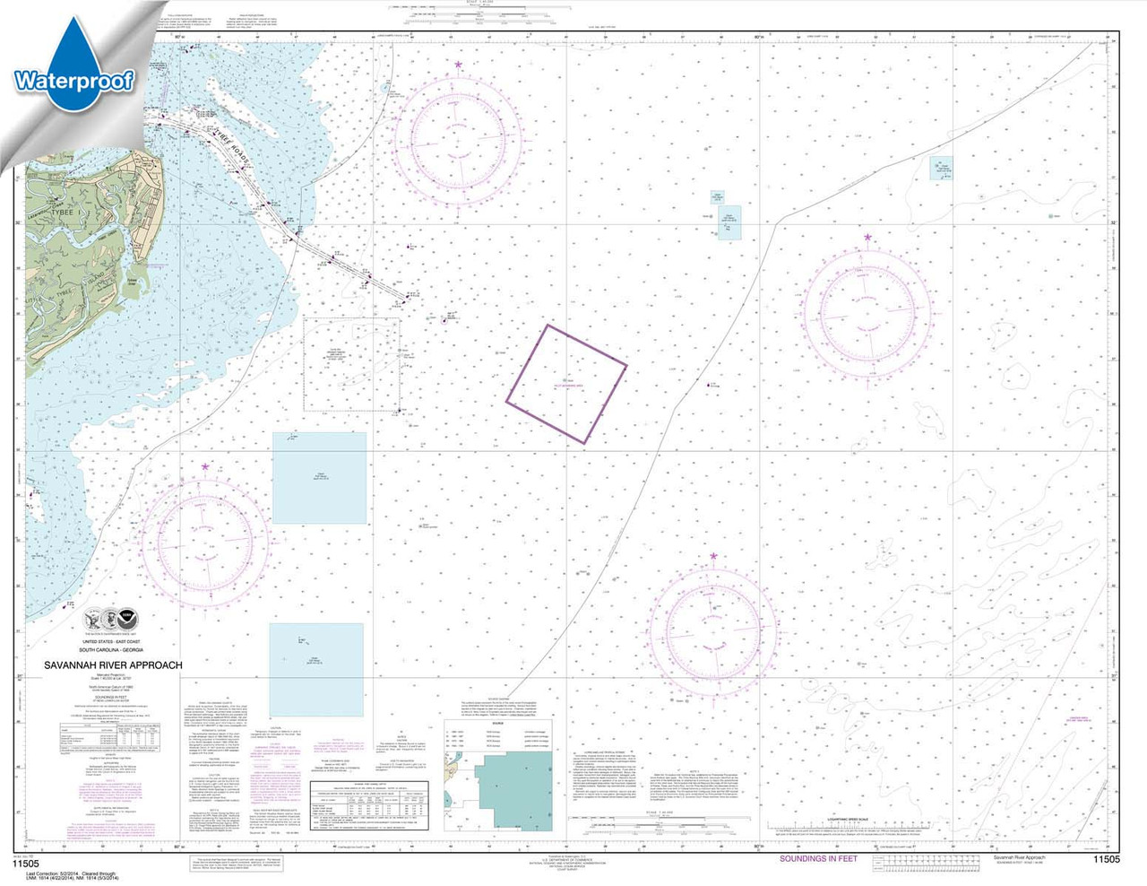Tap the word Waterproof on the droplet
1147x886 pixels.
pyautogui.click(x=73, y=81)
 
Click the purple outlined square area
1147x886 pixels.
pyautogui.click(x=566, y=384)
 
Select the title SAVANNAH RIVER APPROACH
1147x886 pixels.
pyautogui.click(x=113, y=665)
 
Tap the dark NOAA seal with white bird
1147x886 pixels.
pyautogui.click(x=128, y=620)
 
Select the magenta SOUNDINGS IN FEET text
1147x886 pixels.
pyautogui.click(x=817, y=859)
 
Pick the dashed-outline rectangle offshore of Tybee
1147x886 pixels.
pyautogui.click(x=351, y=364)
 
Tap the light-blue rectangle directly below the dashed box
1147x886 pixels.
pyautogui.click(x=319, y=478)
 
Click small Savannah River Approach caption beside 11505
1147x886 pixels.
pyautogui.click(x=1019, y=858)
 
